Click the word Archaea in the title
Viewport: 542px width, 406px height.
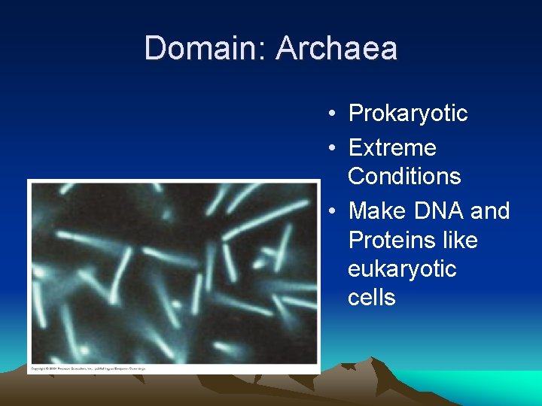336,49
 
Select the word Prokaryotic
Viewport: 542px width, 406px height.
407,114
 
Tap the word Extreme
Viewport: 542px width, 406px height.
391,147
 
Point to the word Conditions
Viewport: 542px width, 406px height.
404,176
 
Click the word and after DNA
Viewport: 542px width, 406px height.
490,211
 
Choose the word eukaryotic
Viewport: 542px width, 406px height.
402,269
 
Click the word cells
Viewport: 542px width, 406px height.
371,298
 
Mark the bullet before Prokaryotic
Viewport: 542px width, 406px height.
331,114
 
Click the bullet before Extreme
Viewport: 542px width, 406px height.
331,148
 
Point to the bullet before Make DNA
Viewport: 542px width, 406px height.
331,211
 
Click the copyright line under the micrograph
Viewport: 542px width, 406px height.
87,369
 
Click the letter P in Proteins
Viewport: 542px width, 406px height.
355,241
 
